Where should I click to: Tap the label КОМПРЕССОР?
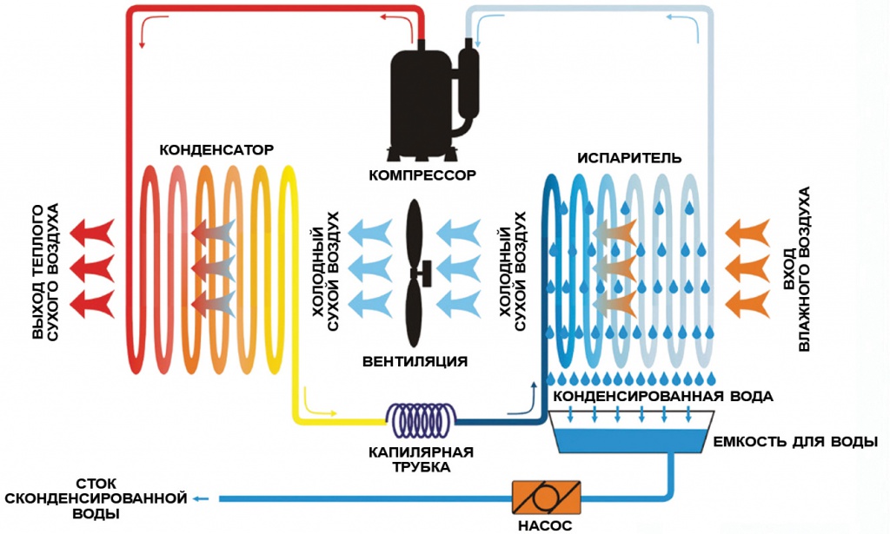pyautogui.click(x=422, y=175)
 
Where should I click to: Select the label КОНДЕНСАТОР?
pyautogui.click(x=216, y=149)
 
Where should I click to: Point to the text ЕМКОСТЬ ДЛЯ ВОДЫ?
pyautogui.click(x=794, y=441)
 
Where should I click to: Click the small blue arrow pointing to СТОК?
pyautogui.click(x=202, y=498)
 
